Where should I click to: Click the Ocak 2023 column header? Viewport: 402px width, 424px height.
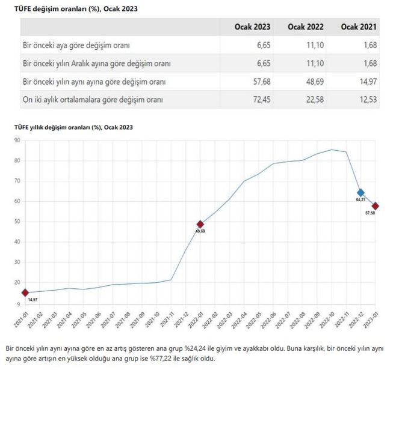(253, 27)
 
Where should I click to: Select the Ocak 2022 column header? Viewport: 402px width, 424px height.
(306, 27)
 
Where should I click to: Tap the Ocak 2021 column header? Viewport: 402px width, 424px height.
(359, 27)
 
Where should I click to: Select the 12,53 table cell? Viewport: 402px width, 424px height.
(366, 99)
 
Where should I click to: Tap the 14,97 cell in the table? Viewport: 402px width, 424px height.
(366, 81)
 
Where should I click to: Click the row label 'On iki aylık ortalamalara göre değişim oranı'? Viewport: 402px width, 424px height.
(93, 99)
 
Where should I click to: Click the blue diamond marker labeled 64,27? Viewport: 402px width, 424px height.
(360, 193)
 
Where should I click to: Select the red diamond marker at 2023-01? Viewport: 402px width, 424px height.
(376, 206)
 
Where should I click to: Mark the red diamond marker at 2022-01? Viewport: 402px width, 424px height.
(200, 224)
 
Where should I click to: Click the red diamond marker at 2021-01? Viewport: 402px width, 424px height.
(25, 292)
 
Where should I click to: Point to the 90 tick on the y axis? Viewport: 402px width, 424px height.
(17, 140)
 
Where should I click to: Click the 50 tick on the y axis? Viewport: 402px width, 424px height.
(17, 222)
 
